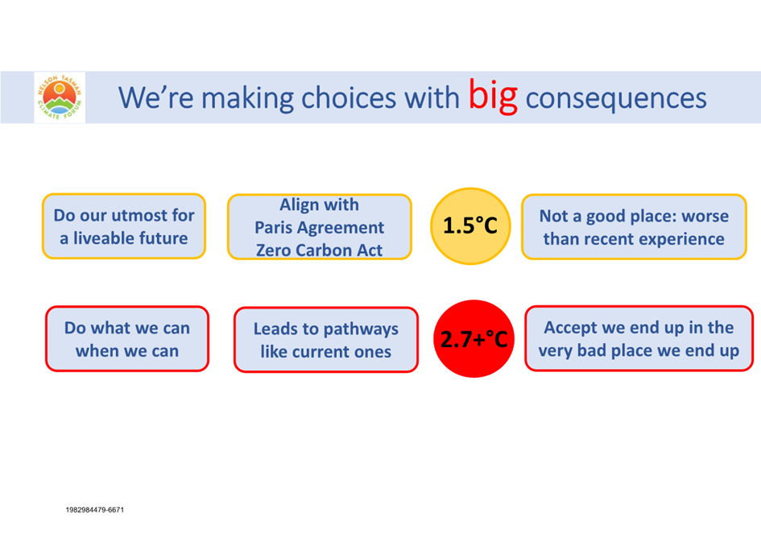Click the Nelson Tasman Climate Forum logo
[60, 97]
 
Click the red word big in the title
[493, 97]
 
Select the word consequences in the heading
[616, 98]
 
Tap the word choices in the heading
[349, 97]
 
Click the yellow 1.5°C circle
[470, 226]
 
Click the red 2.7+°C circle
[474, 338]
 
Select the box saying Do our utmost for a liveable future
[124, 226]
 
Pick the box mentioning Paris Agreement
[320, 227]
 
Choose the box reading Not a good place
[634, 227]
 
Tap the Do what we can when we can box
[127, 339]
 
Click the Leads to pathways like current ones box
[325, 339]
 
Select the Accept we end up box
[639, 338]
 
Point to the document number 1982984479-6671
[95, 510]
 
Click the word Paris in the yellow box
[273, 227]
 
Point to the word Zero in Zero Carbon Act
[273, 250]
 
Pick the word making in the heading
[247, 98]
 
